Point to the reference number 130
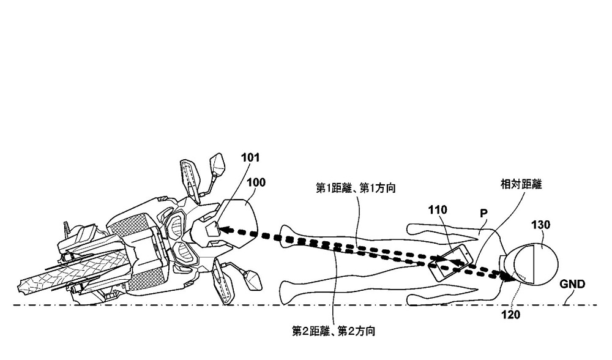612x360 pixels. [x=541, y=225]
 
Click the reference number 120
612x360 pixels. [x=513, y=317]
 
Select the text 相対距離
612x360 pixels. [x=521, y=183]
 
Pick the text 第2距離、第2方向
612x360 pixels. [x=334, y=331]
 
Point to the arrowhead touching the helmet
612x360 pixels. [x=507, y=277]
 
